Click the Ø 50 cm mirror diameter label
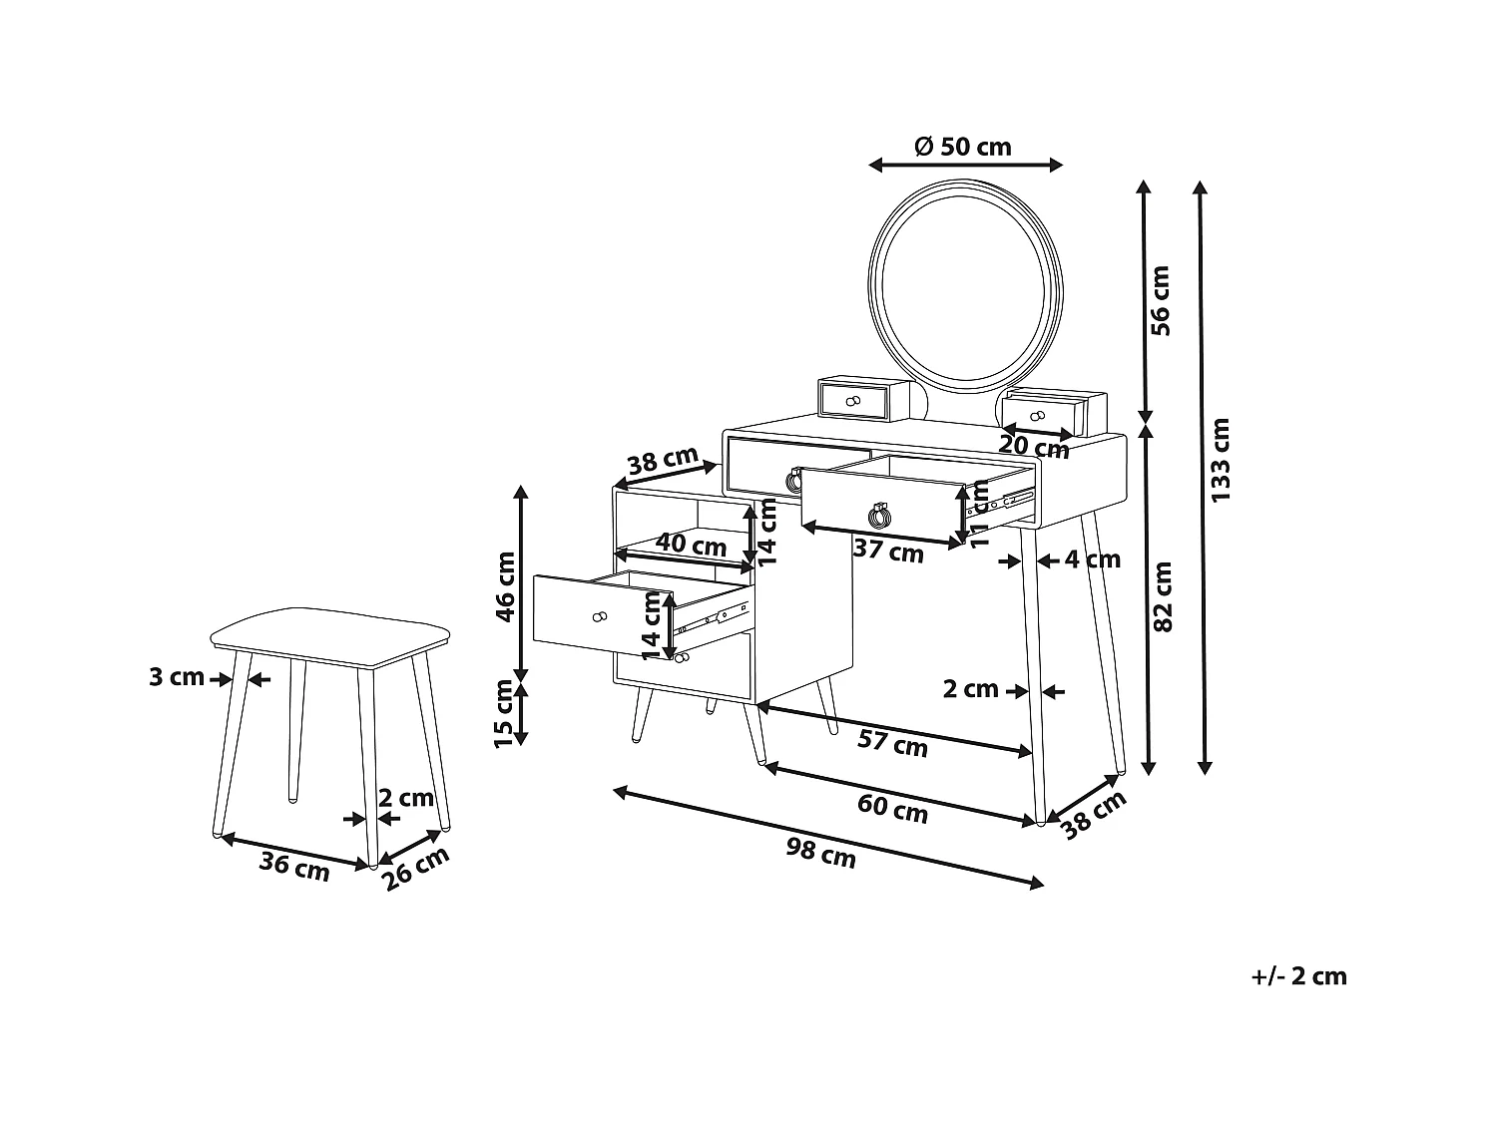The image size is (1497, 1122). [962, 148]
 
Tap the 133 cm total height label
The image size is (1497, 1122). [1220, 459]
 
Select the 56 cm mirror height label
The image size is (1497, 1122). [1161, 299]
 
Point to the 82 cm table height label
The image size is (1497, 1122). [1163, 596]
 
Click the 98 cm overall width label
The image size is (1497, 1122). [820, 853]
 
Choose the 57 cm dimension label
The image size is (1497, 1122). [892, 743]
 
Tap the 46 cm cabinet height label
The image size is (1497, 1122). [506, 586]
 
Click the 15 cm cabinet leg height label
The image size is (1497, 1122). [506, 712]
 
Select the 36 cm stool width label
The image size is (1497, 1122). [294, 865]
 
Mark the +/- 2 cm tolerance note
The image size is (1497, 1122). [1298, 975]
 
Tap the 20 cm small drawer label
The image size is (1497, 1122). [1034, 448]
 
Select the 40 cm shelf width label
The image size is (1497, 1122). [691, 546]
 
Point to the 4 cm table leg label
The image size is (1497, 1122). [1092, 560]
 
